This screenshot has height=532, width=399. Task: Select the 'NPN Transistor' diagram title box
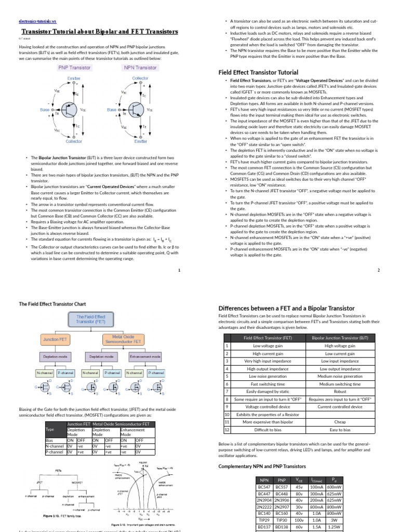point(140,68)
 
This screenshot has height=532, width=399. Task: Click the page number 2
point(379,270)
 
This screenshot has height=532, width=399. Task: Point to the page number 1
point(179,270)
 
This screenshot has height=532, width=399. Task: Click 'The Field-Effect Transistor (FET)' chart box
point(90,319)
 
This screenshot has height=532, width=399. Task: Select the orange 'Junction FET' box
point(56,339)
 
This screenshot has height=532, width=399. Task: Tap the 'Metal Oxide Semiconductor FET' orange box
point(123,339)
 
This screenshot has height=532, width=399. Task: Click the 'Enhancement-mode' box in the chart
point(145,357)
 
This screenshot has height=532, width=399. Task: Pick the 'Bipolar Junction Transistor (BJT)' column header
point(340,338)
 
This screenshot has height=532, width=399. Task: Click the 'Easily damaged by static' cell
point(268,391)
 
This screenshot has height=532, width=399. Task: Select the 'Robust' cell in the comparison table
point(340,391)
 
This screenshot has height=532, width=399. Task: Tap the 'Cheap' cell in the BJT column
point(340,422)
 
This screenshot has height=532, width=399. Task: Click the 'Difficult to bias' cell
point(268,430)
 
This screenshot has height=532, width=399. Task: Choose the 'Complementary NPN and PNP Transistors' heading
point(262,467)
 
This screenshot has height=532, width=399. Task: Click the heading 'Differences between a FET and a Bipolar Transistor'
point(287,308)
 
